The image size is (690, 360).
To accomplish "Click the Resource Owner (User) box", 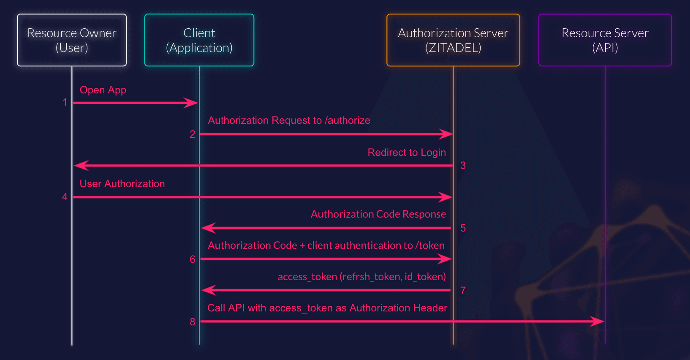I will pos(72,40).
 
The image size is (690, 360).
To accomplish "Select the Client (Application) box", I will pos(199,40).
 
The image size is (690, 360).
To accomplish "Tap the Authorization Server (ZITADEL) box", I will pos(453,40).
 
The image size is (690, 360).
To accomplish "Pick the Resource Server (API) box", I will pos(605,40).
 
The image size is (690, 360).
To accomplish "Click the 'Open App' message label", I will pos(103,90).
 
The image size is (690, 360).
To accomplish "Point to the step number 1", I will pos(65,102).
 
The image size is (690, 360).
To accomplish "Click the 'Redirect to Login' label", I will pos(407,153).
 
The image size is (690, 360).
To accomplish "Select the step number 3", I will pos(463,166).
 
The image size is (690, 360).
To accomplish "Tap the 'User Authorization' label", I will pos(122,184).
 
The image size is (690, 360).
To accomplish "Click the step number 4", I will pos(65,196).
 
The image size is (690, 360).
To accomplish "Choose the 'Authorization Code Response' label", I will pos(378,214).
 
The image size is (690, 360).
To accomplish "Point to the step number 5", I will pos(463,228).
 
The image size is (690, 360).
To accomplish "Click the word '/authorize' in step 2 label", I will pos(348,120).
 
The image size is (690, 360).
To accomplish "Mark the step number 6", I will pos(193,259).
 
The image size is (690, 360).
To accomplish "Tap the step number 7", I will pos(463,291).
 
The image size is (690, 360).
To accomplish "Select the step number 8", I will pos(193,322).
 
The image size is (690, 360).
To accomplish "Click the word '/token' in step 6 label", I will pos(430,245).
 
